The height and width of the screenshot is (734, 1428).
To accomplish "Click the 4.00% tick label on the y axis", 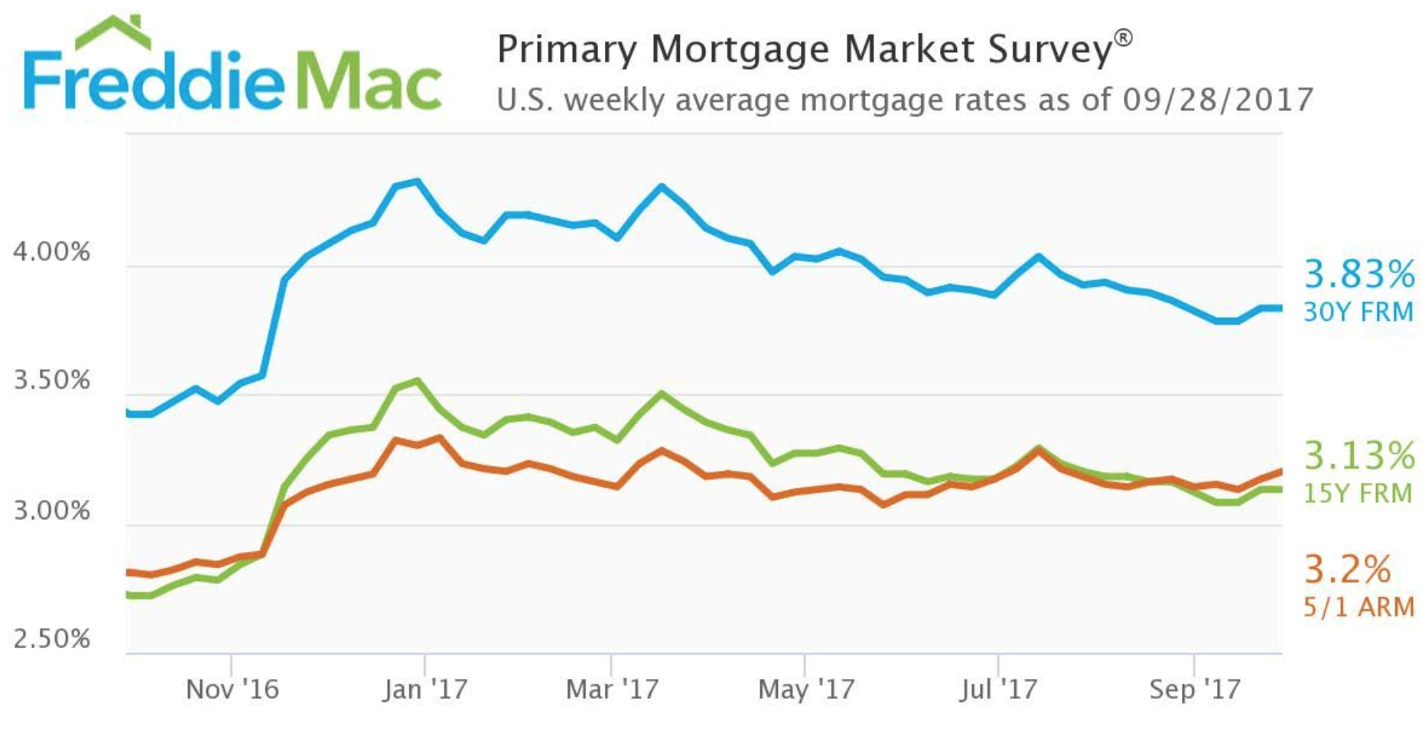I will point(51,252).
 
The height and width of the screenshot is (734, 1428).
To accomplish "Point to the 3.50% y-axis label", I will point(51,380).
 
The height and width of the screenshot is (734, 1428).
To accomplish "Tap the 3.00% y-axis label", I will point(51,511).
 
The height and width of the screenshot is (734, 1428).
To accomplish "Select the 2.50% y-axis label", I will point(51,639).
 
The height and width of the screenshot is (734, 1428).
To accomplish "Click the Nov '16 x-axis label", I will point(232,689).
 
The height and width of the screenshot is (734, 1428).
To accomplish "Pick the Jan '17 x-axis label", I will point(425,689).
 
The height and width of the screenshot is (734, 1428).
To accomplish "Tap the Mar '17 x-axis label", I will point(611,689).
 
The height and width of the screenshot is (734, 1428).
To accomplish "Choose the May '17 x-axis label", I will point(805,689).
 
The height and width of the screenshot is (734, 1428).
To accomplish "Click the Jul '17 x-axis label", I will point(998,689).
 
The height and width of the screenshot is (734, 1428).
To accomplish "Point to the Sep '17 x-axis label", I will point(1194,689).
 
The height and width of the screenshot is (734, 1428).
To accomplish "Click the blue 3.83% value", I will point(1359,274).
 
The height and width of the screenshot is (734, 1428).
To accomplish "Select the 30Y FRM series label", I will point(1359,312).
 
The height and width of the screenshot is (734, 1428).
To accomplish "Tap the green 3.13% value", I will point(1359,455).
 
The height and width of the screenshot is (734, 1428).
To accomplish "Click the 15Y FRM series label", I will point(1357,493).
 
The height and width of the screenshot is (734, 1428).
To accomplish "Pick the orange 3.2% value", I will point(1347,570).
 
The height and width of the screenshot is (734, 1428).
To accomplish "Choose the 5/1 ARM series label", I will point(1359,607).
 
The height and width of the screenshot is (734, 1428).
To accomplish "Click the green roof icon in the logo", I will point(113,31).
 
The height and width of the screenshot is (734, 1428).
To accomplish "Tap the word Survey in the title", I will point(1049,50).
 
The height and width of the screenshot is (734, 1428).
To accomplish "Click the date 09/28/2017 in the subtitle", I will point(1217,100).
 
